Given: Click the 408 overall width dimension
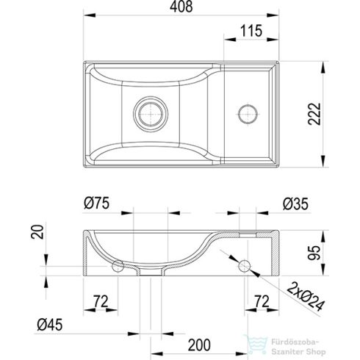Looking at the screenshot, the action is coord(181,7).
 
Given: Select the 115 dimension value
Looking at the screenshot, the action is coord(251,31).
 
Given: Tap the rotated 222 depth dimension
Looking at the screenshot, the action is coord(314,114).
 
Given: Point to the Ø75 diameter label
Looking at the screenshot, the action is coord(96,204).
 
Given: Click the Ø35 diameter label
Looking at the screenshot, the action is coord(295,204).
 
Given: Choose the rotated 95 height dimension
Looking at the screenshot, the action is coord(314,253).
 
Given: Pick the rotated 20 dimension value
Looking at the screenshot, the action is coord(38,231).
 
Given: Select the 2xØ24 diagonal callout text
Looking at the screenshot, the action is coord(306,297).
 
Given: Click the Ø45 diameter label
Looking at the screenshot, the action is coord(50,325).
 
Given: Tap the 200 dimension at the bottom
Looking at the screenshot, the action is coord(199,345).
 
